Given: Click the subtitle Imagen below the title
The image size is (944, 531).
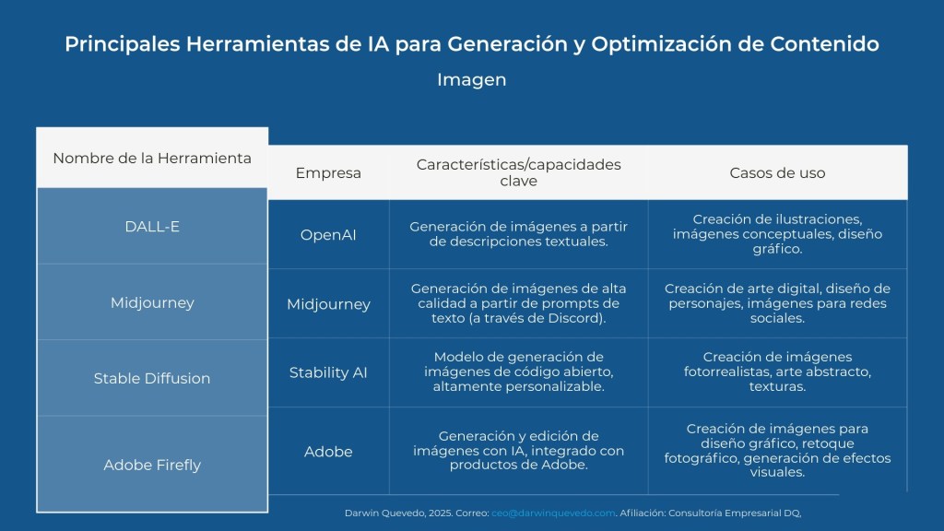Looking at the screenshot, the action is [471, 80].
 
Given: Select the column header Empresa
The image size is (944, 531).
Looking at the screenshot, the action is [328, 173].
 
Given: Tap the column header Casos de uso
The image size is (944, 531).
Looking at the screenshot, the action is [777, 173].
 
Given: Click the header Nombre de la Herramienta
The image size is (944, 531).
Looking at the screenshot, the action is [152, 159].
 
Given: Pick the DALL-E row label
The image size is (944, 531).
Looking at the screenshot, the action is [152, 227].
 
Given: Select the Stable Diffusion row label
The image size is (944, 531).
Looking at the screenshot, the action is [152, 379].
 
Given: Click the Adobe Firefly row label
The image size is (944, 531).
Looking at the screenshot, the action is [152, 466].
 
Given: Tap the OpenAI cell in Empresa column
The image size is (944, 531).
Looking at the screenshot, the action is [328, 235].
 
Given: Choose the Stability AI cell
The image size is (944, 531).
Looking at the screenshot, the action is [328, 372].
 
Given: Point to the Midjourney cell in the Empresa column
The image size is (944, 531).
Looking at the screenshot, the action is [328, 304].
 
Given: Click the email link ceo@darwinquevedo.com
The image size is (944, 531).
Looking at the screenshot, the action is [553, 513].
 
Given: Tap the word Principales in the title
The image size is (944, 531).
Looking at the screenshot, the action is [123, 44].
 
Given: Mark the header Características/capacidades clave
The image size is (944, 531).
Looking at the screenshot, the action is [518, 172].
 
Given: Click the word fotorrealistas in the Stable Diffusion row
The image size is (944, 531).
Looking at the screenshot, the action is [726, 372].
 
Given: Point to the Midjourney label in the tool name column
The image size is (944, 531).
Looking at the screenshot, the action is [152, 302].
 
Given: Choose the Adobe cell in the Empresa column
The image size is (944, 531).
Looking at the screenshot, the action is [328, 452].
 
